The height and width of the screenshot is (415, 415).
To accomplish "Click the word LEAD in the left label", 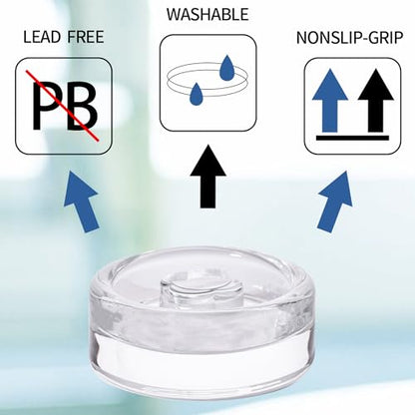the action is click(43, 37).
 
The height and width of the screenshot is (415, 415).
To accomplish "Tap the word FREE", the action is click(86, 37).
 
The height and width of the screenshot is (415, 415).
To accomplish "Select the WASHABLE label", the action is click(207, 15).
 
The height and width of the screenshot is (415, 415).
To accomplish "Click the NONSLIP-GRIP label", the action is click(349, 38).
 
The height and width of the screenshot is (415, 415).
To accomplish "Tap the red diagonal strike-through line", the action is click(63, 107).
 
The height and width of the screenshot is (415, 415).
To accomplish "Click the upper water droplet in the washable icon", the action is click(226, 68).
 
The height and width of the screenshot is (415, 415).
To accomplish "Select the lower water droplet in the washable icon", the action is click(196, 94).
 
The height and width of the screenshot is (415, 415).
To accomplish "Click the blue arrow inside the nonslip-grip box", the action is click(330, 100).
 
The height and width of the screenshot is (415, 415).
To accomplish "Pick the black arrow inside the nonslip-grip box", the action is click(376, 100).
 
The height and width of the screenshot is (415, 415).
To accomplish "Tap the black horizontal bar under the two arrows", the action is click(352, 138).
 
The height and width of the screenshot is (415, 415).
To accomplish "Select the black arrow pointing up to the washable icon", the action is click(208, 177).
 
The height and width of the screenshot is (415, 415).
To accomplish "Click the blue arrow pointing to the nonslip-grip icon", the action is click(334, 202).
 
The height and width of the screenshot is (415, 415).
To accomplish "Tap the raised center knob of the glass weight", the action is click(201, 290).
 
